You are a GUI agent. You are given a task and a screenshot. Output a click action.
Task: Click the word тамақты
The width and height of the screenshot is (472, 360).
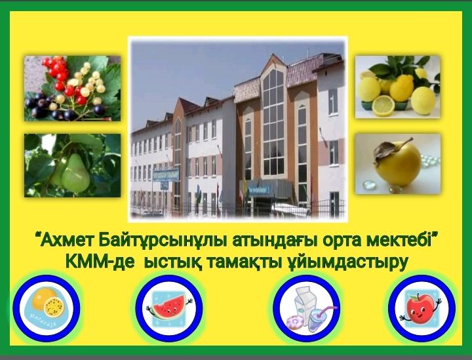point(241,261)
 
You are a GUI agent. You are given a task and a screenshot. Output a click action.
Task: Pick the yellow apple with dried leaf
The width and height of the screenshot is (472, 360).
point(396,163)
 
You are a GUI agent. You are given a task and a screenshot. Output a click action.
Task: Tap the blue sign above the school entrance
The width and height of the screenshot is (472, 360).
point(258,190)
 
